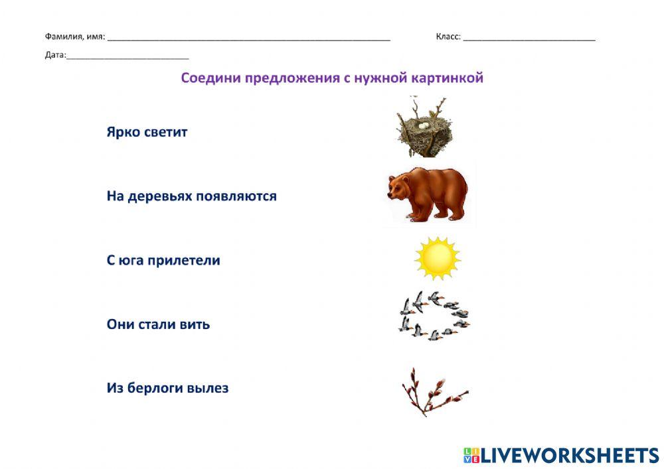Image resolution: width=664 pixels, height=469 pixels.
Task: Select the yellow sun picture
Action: coord(437,258)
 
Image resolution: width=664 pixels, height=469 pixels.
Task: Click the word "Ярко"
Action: coord(124,132)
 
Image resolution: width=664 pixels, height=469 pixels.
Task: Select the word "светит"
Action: coord(166,132)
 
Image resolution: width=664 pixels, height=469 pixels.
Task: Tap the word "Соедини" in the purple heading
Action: coord(210,78)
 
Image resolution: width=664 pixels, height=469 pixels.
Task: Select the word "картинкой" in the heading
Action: coord(446,78)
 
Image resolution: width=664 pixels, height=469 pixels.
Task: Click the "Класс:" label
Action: coord(448,37)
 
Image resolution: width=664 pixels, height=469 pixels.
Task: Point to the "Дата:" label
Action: coord(56,55)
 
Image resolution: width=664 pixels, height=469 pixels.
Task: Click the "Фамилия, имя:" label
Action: coord(74,37)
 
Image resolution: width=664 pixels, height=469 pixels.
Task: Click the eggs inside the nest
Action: coord(423,124)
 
